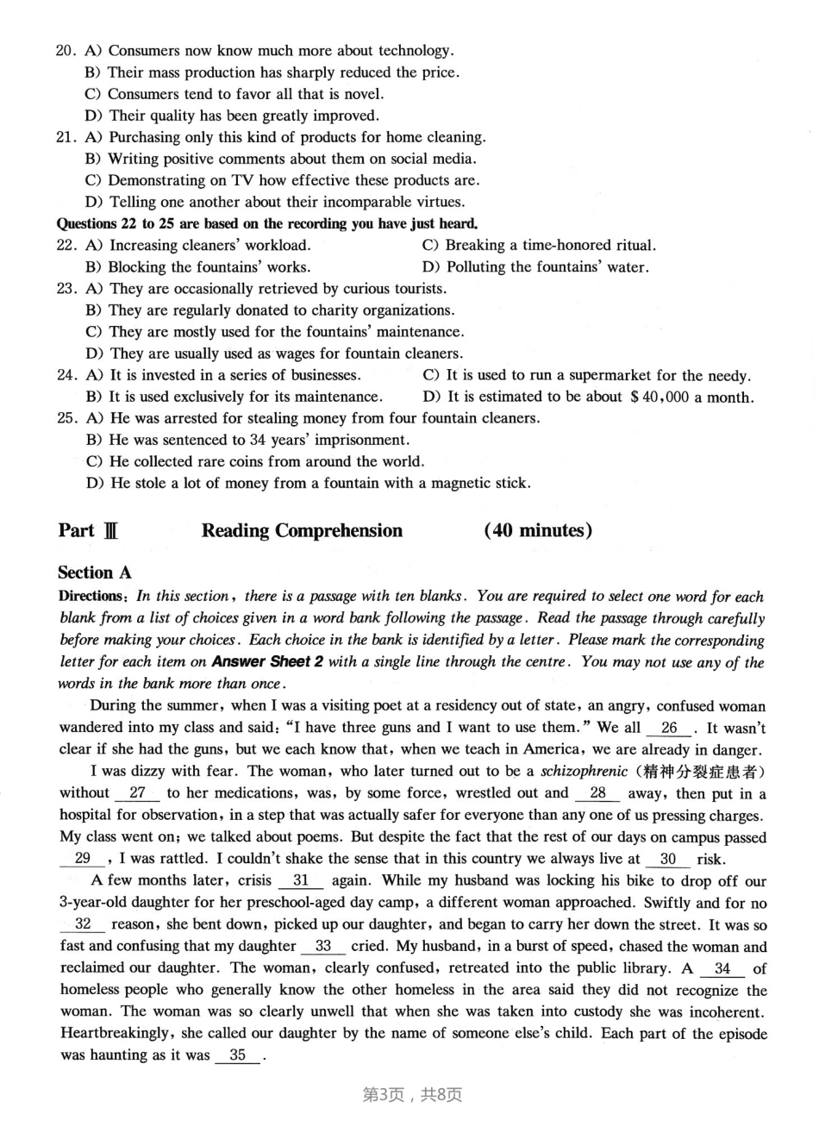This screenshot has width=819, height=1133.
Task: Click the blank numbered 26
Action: (669, 728)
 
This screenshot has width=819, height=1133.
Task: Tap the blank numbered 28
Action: (597, 793)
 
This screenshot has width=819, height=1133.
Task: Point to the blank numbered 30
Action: (667, 859)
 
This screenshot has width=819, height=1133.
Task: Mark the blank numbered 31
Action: (301, 880)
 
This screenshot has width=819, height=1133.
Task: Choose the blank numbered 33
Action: (323, 946)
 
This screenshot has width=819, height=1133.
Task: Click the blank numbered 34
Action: (722, 968)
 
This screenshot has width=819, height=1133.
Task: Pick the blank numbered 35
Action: (238, 1055)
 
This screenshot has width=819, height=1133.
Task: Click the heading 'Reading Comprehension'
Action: (302, 530)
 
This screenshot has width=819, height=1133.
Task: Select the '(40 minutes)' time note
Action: (538, 530)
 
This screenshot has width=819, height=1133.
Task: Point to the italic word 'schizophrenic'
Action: (584, 771)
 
